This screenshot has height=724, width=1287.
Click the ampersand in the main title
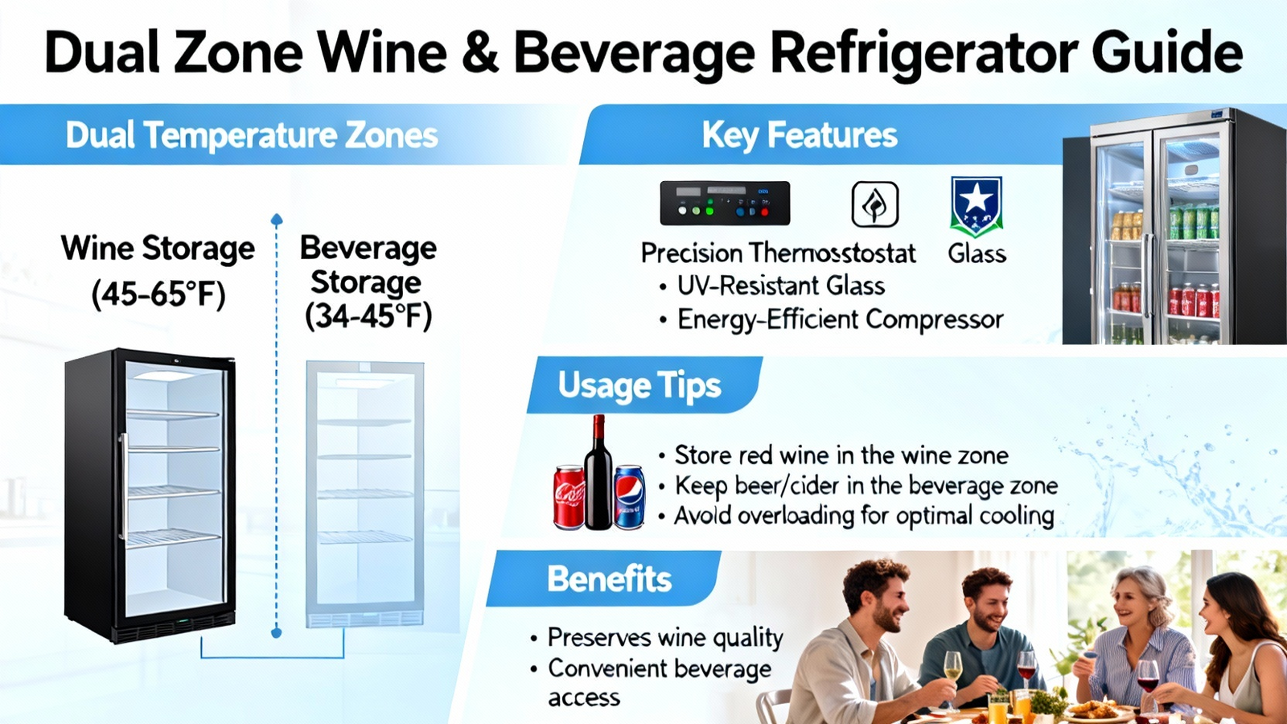pyautogui.click(x=479, y=52)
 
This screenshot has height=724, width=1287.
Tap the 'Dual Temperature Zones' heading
pyautogui.click(x=252, y=136)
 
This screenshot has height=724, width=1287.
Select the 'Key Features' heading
pyautogui.click(x=800, y=136)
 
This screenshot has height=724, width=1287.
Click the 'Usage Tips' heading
pyautogui.click(x=639, y=385)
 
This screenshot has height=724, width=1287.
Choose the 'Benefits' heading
pyautogui.click(x=609, y=578)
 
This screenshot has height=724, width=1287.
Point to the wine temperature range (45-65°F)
pyautogui.click(x=158, y=294)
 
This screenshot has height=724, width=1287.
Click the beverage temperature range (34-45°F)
pyautogui.click(x=368, y=316)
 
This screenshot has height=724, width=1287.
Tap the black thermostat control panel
pyautogui.click(x=725, y=203)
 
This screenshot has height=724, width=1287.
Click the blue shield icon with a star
pyautogui.click(x=977, y=206)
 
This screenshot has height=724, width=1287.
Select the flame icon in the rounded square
pyautogui.click(x=874, y=204)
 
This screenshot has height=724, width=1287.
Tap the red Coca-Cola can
pyautogui.click(x=569, y=497)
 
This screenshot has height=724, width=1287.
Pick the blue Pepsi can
pyautogui.click(x=629, y=497)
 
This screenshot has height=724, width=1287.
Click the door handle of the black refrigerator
pyautogui.click(x=124, y=486)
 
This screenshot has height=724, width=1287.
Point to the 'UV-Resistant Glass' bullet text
pyautogui.click(x=781, y=286)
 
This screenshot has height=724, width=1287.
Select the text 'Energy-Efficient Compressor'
pyautogui.click(x=841, y=319)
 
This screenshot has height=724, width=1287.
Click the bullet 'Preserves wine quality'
pyautogui.click(x=665, y=637)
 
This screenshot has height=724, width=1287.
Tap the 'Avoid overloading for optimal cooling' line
pyautogui.click(x=864, y=516)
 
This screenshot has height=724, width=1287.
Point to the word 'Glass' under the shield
pyautogui.click(x=977, y=253)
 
